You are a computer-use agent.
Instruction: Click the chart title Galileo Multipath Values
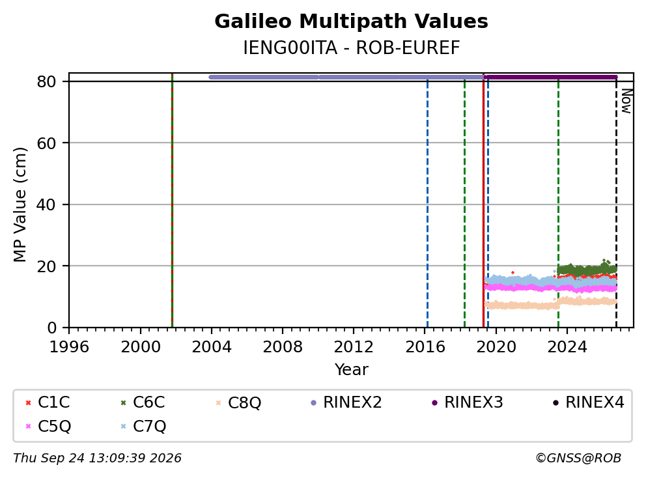coord(351,21)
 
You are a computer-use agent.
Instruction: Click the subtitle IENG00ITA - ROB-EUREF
coord(351,48)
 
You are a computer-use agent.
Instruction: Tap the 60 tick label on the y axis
coord(46,143)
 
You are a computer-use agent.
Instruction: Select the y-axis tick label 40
coord(46,204)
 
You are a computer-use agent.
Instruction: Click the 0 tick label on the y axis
coord(51,328)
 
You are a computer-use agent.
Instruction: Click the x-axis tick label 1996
coord(69,347)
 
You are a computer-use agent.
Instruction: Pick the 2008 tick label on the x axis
coord(283,347)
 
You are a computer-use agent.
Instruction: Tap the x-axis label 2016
coord(425,347)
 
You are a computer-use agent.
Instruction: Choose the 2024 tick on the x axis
coord(567,347)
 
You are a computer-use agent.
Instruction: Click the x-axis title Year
coord(351,369)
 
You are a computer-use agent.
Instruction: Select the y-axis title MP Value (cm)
coord(20,204)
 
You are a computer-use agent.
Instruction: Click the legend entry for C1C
coord(48,402)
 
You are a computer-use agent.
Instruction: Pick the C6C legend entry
coord(143,402)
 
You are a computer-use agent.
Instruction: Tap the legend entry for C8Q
coord(238,402)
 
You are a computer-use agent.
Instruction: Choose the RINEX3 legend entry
coord(467,402)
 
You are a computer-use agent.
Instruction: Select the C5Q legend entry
coord(48,426)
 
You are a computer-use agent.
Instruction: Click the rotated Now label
coord(626,101)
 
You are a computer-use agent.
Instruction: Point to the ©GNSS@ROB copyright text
coord(578,458)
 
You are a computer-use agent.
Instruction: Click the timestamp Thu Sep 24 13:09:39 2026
coord(97,458)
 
